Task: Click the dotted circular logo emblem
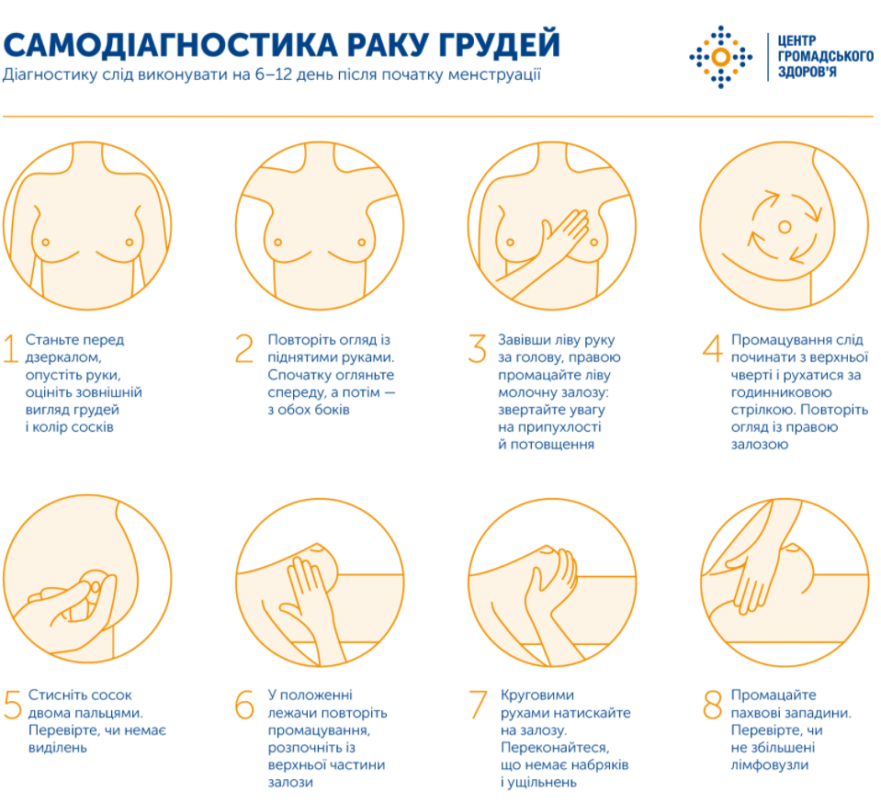click(720, 57)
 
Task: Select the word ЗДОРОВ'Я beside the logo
click(808, 72)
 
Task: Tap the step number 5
click(12, 705)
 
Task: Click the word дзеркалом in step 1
click(62, 356)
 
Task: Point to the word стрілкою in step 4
click(759, 410)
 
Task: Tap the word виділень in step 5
click(57, 747)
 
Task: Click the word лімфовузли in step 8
click(770, 764)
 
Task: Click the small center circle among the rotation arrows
click(784, 226)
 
